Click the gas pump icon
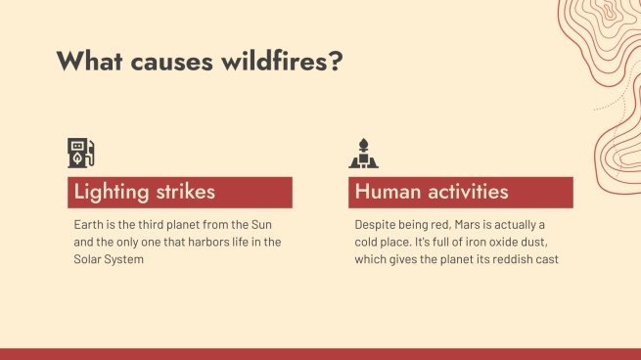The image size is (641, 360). [81, 154]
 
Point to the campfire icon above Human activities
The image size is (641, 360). [363, 154]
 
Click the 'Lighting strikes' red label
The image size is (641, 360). [180, 192]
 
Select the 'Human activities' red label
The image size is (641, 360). [460, 192]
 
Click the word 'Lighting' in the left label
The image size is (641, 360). [110, 192]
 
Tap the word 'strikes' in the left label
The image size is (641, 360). [183, 192]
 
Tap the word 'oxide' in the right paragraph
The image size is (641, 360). [492, 242]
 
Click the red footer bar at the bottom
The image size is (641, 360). [320, 353]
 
